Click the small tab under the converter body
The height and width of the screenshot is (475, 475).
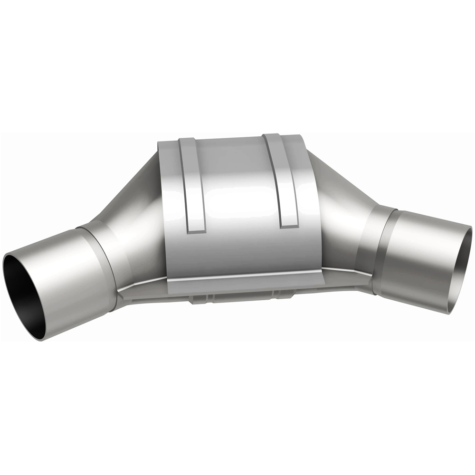click(199, 300)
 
